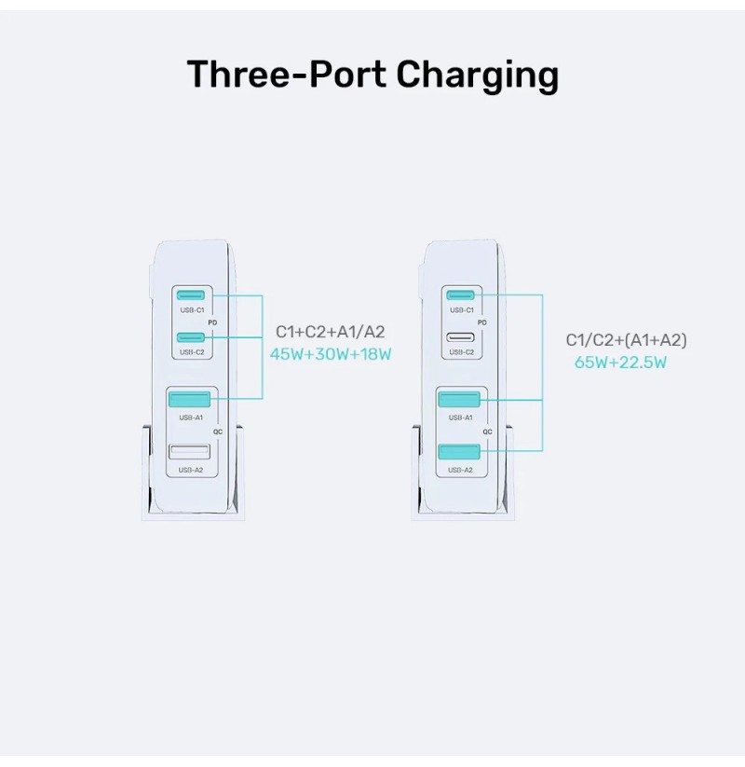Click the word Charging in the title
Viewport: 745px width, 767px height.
tap(477, 75)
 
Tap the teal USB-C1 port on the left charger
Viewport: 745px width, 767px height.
tap(191, 295)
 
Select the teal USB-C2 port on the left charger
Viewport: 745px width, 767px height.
tap(191, 337)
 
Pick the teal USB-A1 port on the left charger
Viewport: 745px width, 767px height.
tap(189, 399)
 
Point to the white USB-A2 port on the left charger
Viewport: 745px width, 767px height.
tap(189, 451)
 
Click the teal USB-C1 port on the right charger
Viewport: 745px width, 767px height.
tap(460, 294)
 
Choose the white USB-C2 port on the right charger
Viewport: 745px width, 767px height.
tap(460, 337)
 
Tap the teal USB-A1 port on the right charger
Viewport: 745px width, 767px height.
tap(459, 399)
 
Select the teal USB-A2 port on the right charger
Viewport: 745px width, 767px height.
tap(459, 452)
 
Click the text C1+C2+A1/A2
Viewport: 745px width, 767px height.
tap(331, 332)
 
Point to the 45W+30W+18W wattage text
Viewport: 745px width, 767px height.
tap(331, 354)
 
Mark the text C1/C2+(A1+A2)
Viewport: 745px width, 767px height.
tap(626, 340)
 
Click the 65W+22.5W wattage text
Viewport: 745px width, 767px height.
tap(620, 363)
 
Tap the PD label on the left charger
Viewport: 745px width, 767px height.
tap(212, 322)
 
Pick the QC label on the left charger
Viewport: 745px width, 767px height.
tap(218, 431)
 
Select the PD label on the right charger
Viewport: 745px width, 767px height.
tap(482, 322)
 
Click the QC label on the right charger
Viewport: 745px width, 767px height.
tap(488, 431)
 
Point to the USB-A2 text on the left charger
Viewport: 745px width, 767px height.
tap(191, 470)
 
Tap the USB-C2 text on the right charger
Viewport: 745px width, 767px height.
tap(462, 352)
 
